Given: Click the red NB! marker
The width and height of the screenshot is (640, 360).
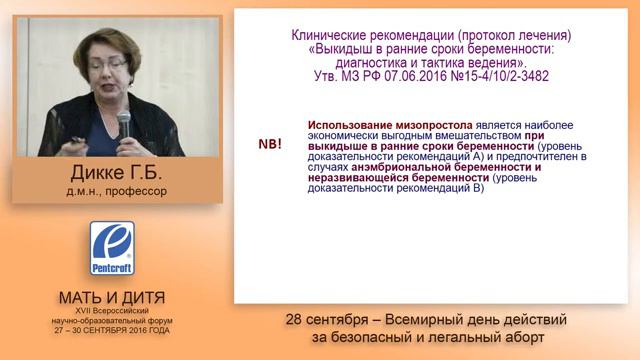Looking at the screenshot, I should click(269, 144).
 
